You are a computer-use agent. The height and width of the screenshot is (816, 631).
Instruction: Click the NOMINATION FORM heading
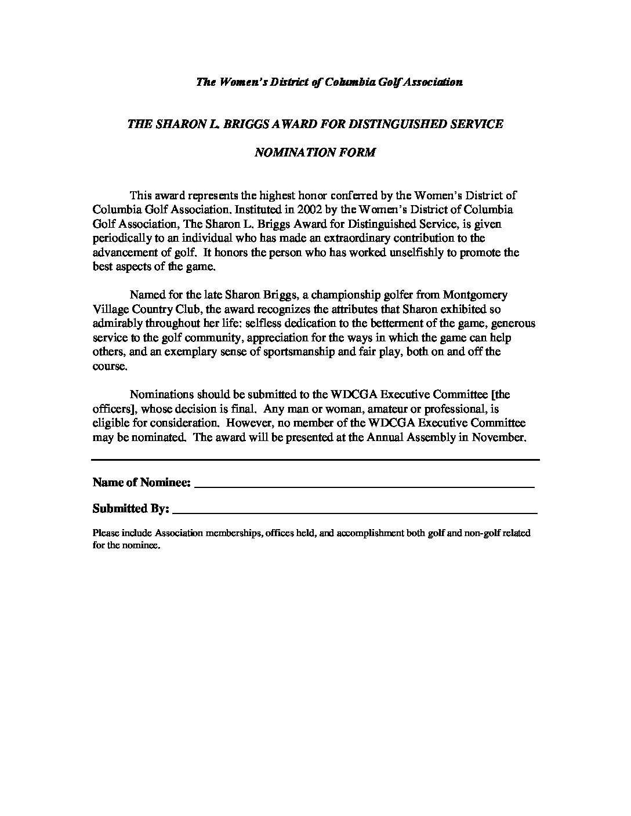tap(315, 152)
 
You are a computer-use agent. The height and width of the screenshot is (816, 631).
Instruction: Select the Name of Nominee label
tap(142, 482)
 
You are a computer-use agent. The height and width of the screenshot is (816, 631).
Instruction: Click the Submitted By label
tap(131, 508)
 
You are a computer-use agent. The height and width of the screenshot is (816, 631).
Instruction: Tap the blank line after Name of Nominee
tap(364, 486)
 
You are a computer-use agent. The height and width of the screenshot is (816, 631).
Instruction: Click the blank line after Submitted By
tap(355, 512)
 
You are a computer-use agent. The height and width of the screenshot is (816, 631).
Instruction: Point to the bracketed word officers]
tap(114, 409)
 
